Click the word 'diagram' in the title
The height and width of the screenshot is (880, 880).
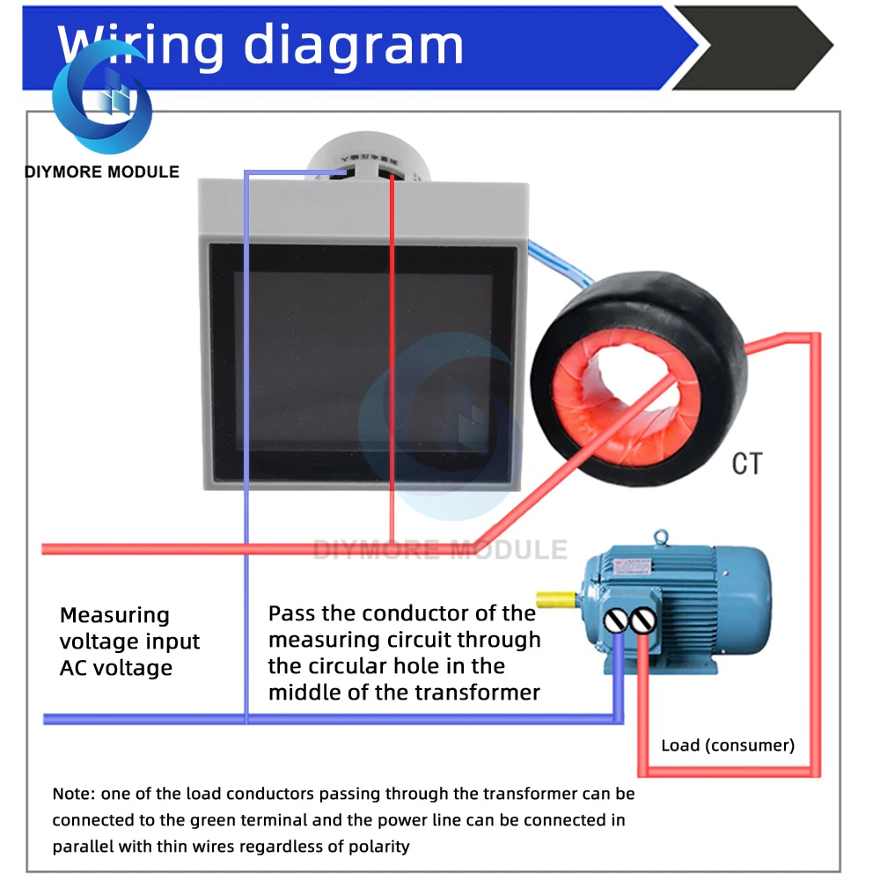pos(353,44)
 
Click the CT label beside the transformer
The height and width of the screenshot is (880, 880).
pos(747,464)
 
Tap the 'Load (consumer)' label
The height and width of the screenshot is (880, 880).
pos(727,746)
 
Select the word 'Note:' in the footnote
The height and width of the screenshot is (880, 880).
pos(74,794)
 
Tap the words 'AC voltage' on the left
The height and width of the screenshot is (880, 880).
pos(116,668)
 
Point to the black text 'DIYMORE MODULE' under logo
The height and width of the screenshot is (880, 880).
pos(102,172)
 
